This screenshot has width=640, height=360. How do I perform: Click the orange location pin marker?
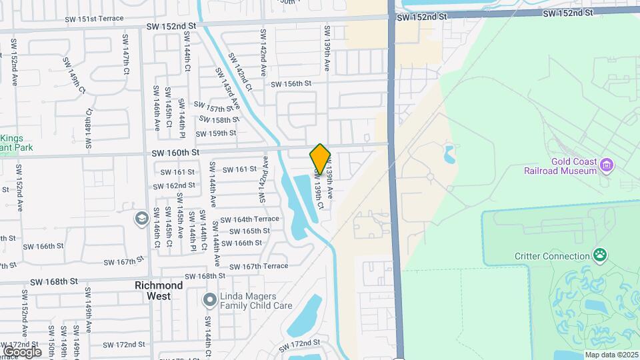coord(320,159)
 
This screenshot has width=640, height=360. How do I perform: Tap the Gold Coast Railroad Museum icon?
coord(606,164)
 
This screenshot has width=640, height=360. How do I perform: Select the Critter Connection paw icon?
coord(600,255)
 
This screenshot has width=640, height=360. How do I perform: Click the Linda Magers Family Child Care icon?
coord(209,300)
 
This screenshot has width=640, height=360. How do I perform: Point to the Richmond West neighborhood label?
coord(159,290)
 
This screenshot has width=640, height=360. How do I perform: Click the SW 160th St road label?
coord(175,153)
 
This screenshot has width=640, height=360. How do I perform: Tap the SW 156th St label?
coord(291,83)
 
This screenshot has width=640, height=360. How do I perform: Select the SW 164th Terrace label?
coord(249,219)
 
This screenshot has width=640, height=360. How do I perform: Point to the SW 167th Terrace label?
coord(259,266)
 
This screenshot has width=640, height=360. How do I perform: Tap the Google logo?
coord(21,351)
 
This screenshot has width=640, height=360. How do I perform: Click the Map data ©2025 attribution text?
coord(611,355)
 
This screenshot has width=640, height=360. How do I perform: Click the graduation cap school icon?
coord(141,218)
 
